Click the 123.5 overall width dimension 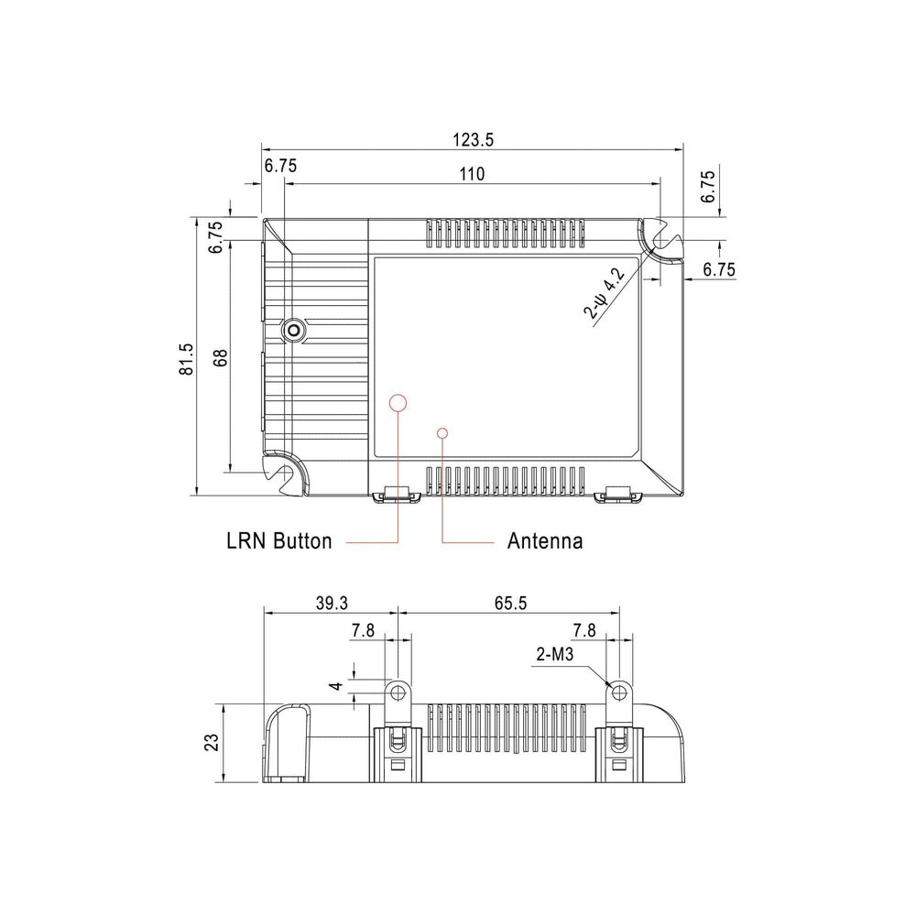[x=473, y=140]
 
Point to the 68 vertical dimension [x=220, y=358]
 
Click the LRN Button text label [x=278, y=541]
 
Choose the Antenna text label [x=545, y=541]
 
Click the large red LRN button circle [x=398, y=402]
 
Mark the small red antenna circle [x=442, y=431]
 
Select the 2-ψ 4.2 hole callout [x=604, y=294]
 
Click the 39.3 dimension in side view [x=331, y=604]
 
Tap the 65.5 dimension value [x=509, y=604]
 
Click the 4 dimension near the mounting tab [x=337, y=686]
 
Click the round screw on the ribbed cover [x=294, y=331]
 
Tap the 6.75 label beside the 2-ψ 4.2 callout [x=719, y=269]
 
